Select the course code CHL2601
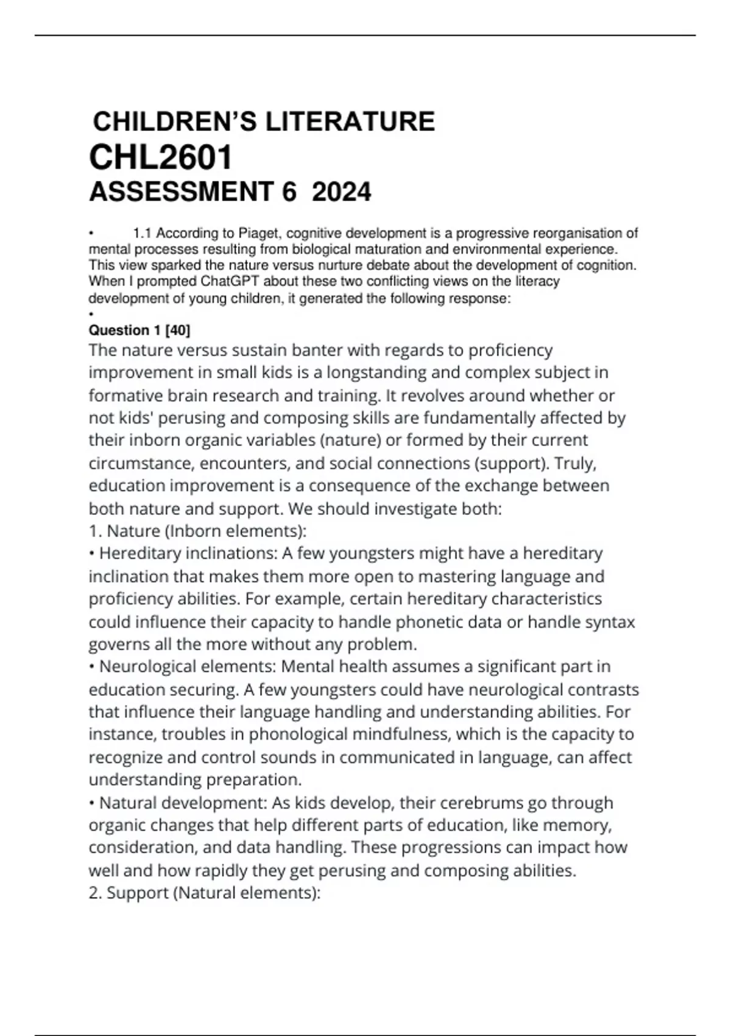pyautogui.click(x=161, y=158)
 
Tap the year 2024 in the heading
pyautogui.click(x=341, y=193)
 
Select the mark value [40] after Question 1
pyautogui.click(x=178, y=330)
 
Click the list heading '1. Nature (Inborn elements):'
pyautogui.click(x=197, y=531)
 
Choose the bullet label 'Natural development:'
pyautogui.click(x=183, y=803)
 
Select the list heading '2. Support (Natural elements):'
pyautogui.click(x=204, y=893)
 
